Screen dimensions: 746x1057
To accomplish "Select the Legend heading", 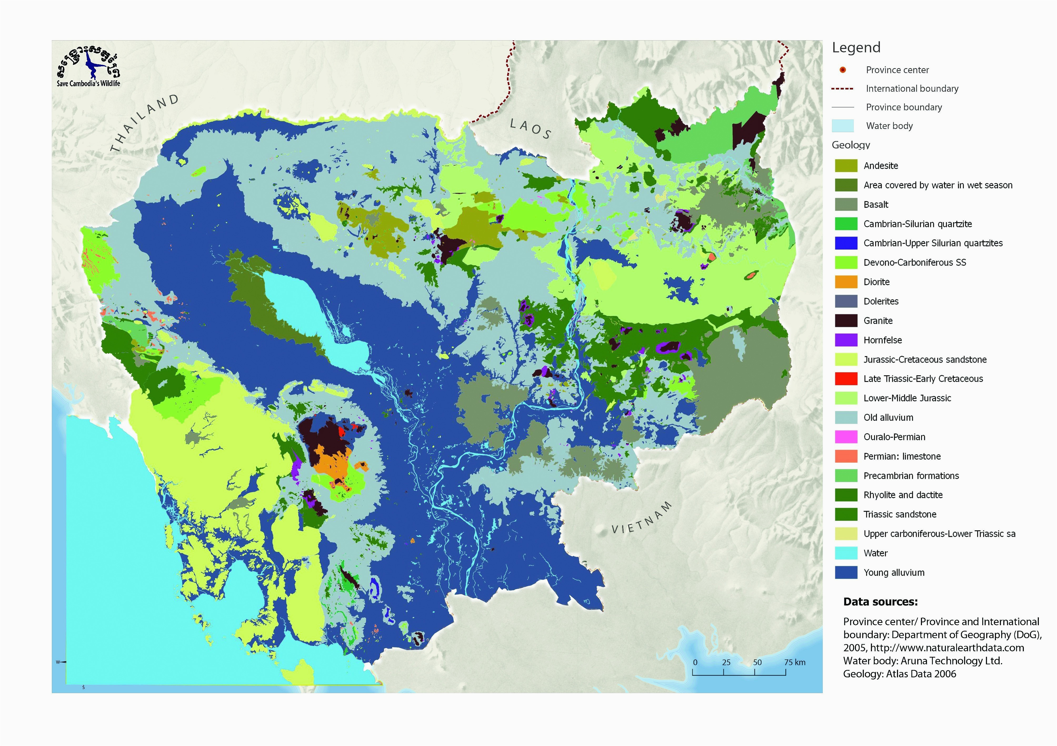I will pos(856,47).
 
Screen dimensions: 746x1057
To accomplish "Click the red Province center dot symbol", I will pos(842,70).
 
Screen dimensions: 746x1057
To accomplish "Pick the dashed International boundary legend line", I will pos(842,88).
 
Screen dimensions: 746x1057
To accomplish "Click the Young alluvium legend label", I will pos(894,573).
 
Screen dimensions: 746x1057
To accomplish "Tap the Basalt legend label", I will pos(876,205).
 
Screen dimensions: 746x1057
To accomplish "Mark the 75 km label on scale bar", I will pos(795,663).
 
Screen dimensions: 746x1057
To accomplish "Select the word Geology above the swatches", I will pos(850,145).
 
